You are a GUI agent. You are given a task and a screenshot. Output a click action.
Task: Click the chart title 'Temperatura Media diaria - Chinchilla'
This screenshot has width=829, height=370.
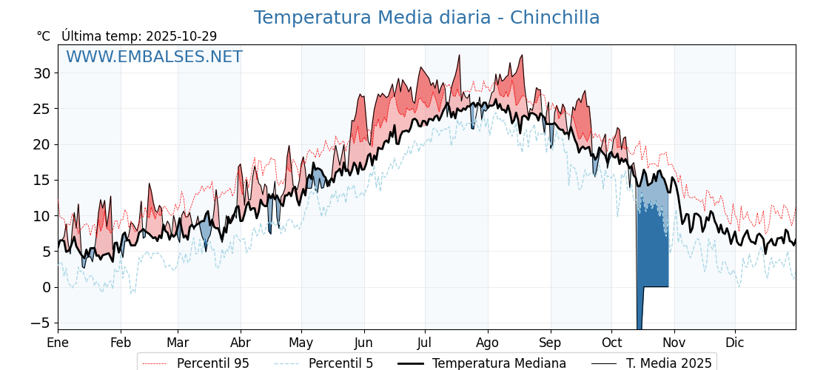pos(426,18)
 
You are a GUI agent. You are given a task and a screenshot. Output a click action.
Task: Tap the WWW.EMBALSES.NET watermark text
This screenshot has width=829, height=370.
pos(154,57)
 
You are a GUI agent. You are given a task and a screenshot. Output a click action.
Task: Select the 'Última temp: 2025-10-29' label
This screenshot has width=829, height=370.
pos(139,36)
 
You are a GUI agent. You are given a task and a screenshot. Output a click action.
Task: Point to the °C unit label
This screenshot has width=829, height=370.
pos(44,36)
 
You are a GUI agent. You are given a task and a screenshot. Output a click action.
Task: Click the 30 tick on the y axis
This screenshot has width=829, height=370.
pos(41,73)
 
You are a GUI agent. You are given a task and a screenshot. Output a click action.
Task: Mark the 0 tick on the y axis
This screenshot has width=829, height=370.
pos(46,287)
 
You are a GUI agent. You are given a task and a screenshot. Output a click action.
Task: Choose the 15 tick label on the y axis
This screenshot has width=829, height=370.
pos(41,180)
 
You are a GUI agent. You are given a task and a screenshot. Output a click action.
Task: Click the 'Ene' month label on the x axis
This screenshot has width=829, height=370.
pos(58,343)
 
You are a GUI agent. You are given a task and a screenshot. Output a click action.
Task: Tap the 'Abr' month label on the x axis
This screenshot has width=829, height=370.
pos(241,343)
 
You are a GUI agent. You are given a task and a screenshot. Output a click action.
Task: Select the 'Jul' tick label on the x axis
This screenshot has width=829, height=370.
pos(425,343)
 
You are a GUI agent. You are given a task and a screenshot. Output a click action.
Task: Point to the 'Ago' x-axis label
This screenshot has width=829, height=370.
pos(488,343)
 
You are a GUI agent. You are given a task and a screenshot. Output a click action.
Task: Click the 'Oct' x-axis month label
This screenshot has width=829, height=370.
pos(611,343)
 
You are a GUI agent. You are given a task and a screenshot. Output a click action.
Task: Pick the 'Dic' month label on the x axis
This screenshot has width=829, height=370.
pos(735,343)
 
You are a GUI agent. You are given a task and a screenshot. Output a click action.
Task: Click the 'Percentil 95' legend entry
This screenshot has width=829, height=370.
pos(212,363)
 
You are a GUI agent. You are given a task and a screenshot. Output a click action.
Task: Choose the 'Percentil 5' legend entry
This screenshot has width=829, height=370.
pos(340,363)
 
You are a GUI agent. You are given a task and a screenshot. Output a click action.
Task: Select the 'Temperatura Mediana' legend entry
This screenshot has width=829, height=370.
pos(499,363)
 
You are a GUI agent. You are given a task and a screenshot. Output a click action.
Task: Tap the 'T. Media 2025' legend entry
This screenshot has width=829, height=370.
pos(668,363)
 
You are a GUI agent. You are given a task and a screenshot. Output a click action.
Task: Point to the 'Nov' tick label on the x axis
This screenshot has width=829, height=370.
pos(674,343)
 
